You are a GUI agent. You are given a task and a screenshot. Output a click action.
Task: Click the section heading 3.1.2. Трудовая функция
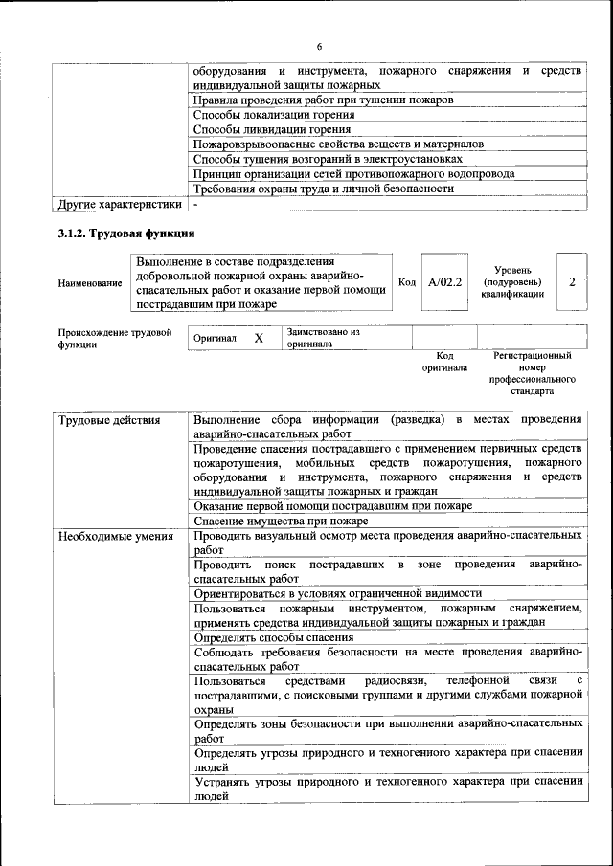pyautogui.click(x=126, y=233)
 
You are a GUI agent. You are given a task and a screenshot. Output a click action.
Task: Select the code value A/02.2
pyautogui.click(x=444, y=282)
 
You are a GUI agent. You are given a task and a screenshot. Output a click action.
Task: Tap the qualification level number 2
pyautogui.click(x=572, y=282)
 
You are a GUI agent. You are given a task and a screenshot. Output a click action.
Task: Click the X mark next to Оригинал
pyautogui.click(x=259, y=338)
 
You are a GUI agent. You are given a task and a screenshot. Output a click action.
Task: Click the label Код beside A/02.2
pyautogui.click(x=406, y=282)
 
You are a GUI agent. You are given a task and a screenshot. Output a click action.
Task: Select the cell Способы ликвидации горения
pyautogui.click(x=271, y=129)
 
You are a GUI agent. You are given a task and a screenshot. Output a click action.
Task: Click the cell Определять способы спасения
pyautogui.click(x=274, y=636)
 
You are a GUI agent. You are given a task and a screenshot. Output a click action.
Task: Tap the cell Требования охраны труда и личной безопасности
pyautogui.click(x=323, y=189)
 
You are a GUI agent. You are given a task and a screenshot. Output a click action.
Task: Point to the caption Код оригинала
pyautogui.click(x=444, y=361)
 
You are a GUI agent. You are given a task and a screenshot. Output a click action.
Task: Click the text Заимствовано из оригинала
pyautogui.click(x=322, y=337)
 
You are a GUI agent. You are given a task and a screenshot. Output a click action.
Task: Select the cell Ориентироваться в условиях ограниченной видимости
pyautogui.click(x=337, y=593)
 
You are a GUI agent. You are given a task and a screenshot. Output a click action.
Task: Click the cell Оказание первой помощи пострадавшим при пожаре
pyautogui.click(x=332, y=505)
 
